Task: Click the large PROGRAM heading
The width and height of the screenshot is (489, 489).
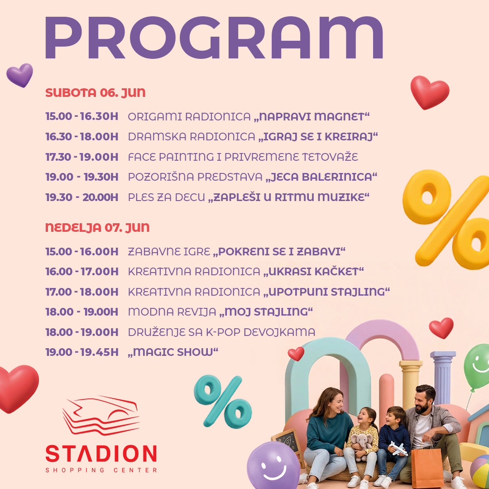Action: (214, 38)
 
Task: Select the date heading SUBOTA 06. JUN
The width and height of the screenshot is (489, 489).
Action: (96, 93)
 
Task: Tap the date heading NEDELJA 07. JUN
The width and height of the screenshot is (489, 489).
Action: (98, 227)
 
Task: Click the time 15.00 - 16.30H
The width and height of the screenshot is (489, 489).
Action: (81, 116)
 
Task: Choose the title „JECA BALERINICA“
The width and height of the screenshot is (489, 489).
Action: (321, 177)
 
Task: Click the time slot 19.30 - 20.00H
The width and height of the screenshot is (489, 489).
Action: (81, 197)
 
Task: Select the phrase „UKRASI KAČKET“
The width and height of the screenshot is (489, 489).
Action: (313, 271)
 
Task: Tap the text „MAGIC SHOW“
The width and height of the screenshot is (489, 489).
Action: (173, 352)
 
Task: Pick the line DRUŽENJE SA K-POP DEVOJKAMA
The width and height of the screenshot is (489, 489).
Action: (221, 332)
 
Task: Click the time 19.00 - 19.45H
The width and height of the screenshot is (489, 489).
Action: (81, 352)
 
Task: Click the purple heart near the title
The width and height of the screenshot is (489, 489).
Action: (20, 75)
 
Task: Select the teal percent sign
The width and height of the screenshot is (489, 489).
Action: (223, 401)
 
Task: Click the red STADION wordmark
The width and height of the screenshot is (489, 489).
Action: (101, 453)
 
